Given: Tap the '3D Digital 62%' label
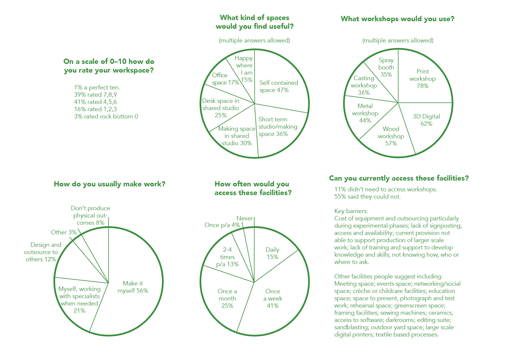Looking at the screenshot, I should point(426,120).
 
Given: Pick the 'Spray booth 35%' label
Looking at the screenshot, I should point(386,67).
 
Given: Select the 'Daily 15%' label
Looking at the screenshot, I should point(272,253).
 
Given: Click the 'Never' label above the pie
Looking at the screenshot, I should point(245,218).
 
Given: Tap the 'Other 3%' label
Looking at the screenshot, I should point(64,232).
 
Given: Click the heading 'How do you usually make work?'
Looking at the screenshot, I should point(109,184).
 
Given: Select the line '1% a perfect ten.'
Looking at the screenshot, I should point(97,87).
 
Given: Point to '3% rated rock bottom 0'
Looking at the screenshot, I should point(106,116).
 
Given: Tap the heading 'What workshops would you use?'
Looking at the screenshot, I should point(397,19).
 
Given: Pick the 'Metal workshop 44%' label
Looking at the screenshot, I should point(365,113).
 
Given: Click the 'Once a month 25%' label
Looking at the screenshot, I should point(227,298).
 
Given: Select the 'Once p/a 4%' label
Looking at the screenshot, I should point(222,225).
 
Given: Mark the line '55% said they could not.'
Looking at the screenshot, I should point(367,197).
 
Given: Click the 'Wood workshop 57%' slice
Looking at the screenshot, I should point(391,136).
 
